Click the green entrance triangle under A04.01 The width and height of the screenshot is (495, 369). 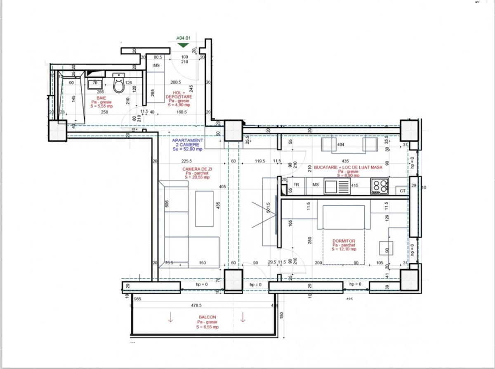coord(183,45)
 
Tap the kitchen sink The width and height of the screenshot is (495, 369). coord(332,186)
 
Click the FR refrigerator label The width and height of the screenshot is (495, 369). coord(296,185)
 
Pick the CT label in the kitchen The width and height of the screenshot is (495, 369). coord(402,191)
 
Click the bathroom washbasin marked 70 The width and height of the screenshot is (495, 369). coord(94,84)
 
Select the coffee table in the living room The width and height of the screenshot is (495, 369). coord(205,208)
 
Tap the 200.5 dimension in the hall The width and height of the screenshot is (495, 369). coord(176,82)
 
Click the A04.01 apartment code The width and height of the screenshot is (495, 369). coord(183,38)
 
